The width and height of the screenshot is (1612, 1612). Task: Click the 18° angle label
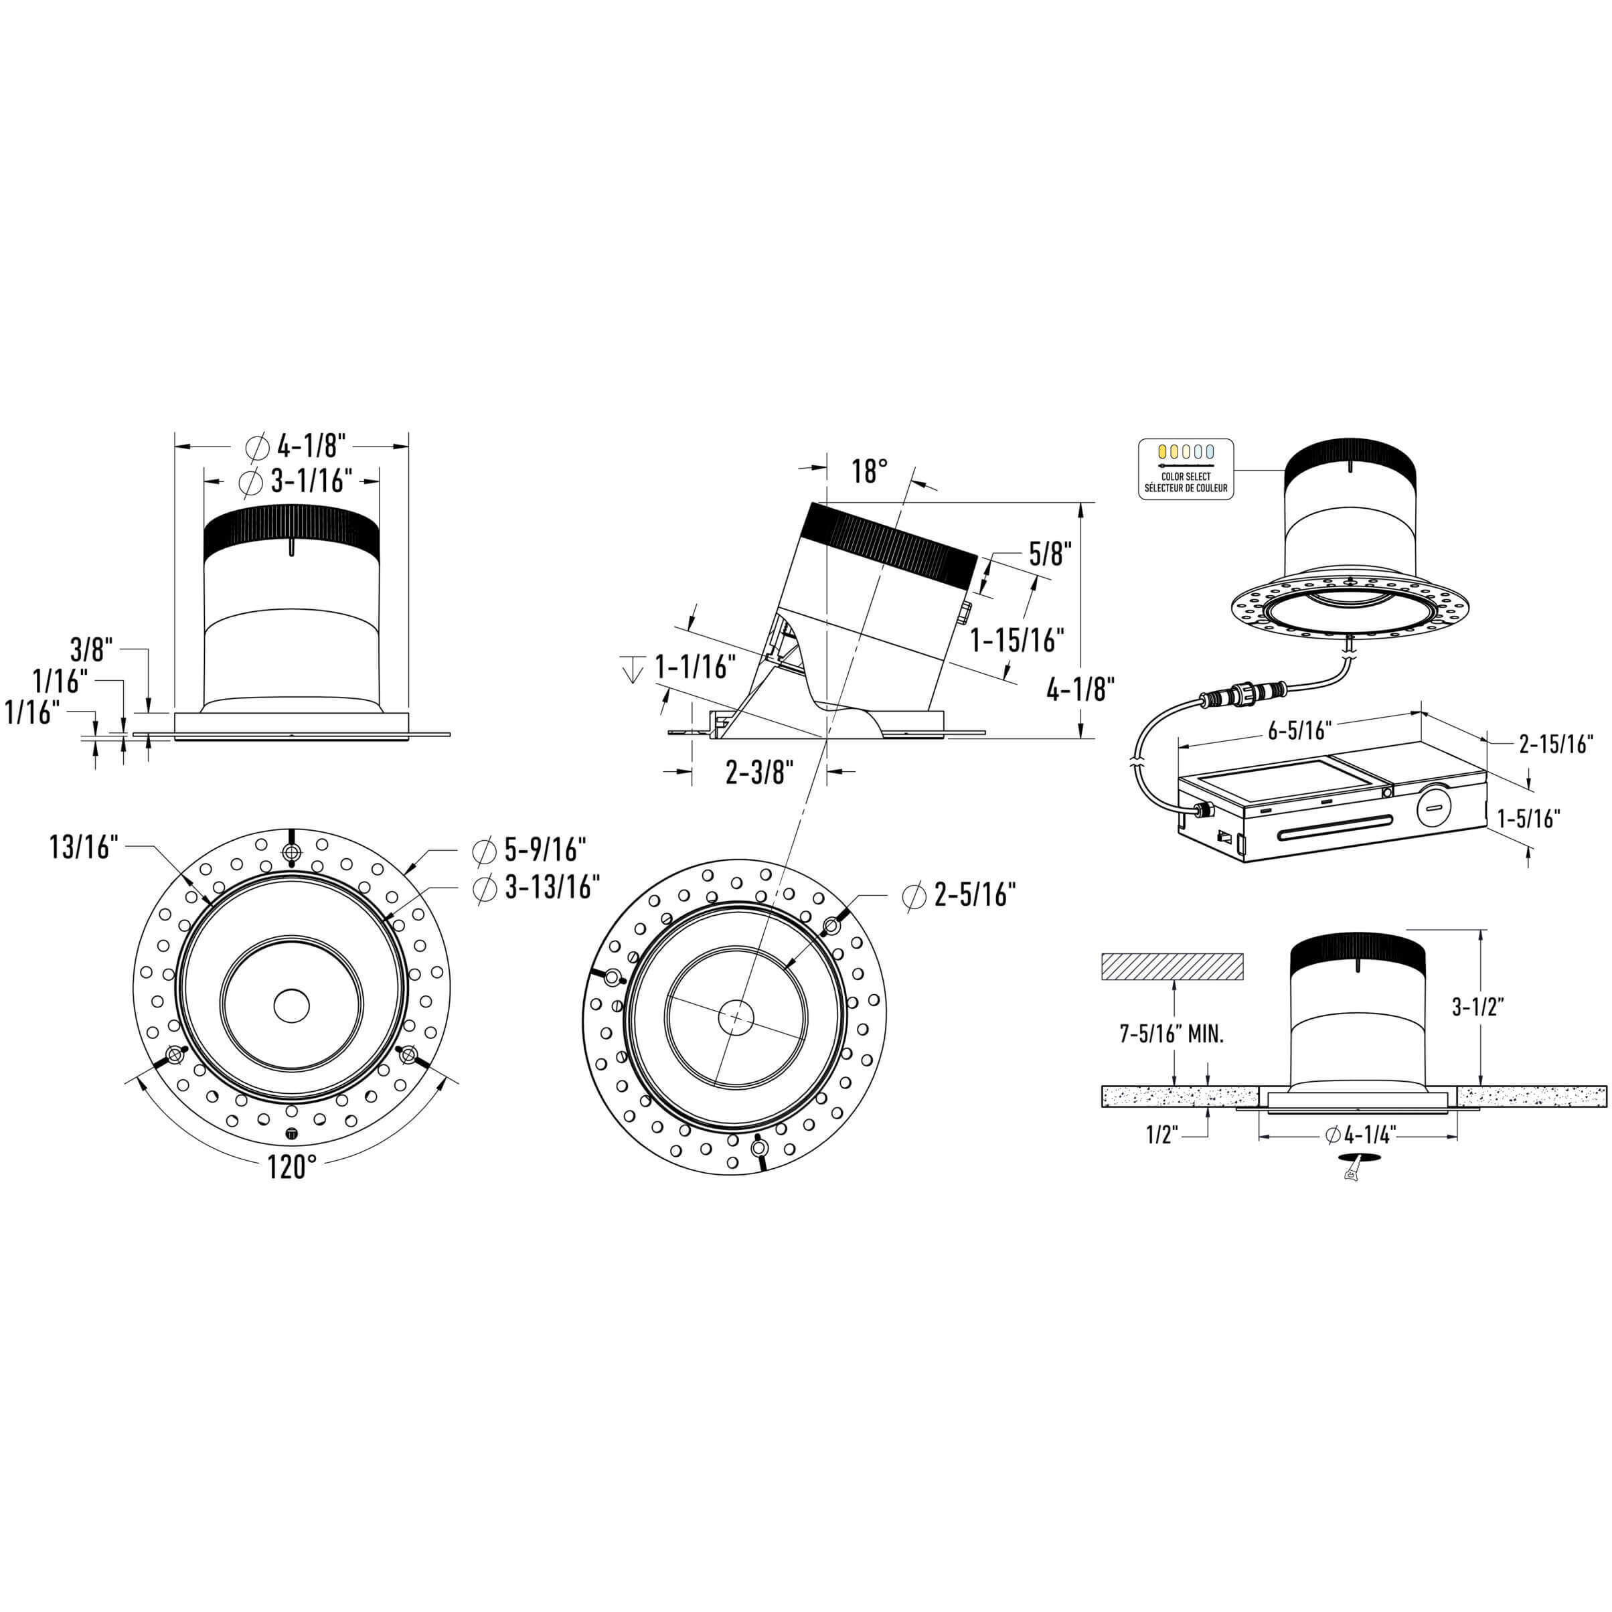pos(868,471)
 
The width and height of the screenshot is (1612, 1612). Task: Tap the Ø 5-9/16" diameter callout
pos(529,850)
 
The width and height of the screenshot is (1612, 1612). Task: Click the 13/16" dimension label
pos(85,848)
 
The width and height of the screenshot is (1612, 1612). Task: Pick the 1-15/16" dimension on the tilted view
pos(1017,641)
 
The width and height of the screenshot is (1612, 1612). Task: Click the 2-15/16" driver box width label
pos(1556,744)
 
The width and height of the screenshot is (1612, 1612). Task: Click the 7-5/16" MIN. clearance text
pos(1172,1036)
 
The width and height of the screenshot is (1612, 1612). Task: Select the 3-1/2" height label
pos(1477,1007)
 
